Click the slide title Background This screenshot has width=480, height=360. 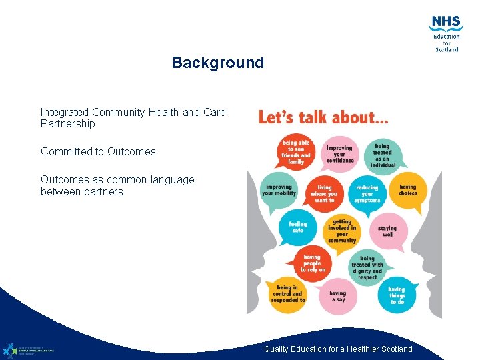point(217,63)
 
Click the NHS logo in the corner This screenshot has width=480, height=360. point(445,34)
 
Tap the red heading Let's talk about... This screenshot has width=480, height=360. point(323,118)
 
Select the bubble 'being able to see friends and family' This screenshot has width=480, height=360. point(296,151)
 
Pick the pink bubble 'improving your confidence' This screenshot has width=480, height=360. point(339,154)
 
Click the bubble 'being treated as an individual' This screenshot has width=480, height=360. point(382,155)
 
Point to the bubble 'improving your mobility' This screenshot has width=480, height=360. point(279,190)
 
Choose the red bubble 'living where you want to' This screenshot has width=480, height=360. point(323,193)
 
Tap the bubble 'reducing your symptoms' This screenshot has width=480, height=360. point(367,194)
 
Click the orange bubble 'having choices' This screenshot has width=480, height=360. point(407,190)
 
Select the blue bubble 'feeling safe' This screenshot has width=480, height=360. point(297,227)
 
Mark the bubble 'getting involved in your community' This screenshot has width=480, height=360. point(341,231)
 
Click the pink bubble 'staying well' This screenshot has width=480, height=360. point(387,231)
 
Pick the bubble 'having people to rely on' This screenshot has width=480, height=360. point(312,263)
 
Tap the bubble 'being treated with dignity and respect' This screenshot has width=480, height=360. point(367,267)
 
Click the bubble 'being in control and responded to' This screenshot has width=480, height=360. point(288,294)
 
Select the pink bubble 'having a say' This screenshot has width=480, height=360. point(337,296)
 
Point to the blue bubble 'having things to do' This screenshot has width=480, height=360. point(397,295)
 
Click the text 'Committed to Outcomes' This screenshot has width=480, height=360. point(98,151)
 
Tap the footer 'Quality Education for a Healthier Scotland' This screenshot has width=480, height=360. point(338,349)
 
